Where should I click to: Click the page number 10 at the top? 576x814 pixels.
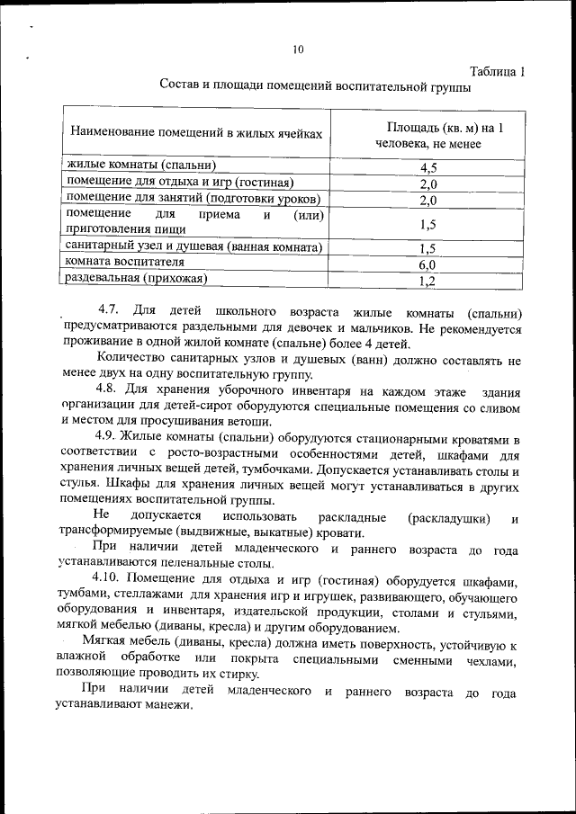coord(299,49)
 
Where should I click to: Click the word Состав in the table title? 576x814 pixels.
coord(180,87)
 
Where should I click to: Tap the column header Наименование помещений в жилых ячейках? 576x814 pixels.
coord(195,133)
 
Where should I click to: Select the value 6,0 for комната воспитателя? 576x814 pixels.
coord(428,264)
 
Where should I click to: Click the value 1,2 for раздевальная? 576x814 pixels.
coord(428,281)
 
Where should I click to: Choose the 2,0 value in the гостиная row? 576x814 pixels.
coord(428,183)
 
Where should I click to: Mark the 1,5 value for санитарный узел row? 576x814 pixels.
coord(428,248)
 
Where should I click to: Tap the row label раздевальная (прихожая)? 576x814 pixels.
coord(136,279)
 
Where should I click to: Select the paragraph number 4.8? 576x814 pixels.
coord(105,391)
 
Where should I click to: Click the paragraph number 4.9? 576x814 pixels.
coord(105,438)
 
